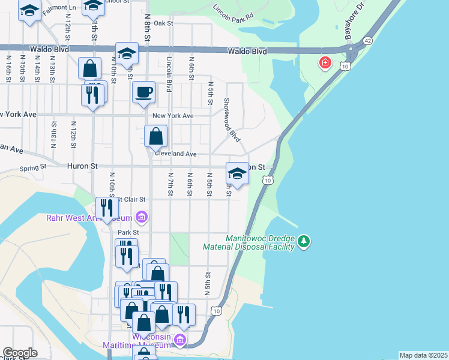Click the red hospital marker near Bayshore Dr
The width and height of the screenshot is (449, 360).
[325, 62]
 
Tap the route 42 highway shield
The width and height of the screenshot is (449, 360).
[367, 41]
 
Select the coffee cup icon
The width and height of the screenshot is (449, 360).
[143, 92]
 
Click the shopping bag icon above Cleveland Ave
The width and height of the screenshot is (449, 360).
[155, 136]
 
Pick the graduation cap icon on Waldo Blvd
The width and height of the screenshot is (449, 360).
[127, 53]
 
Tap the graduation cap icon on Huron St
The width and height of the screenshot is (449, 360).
[237, 173]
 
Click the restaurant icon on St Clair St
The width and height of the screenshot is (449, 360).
[107, 208]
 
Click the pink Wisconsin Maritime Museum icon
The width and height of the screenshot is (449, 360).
[179, 340]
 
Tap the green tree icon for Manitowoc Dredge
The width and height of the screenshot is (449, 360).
[304, 241]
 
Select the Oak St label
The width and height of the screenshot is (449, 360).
[163, 23]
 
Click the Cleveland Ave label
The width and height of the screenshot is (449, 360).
[176, 154]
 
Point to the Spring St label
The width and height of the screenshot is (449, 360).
[33, 169]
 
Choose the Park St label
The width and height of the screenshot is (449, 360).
[128, 232]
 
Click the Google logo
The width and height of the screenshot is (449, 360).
[20, 352]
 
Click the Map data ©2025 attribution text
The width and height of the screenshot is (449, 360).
[423, 355]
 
